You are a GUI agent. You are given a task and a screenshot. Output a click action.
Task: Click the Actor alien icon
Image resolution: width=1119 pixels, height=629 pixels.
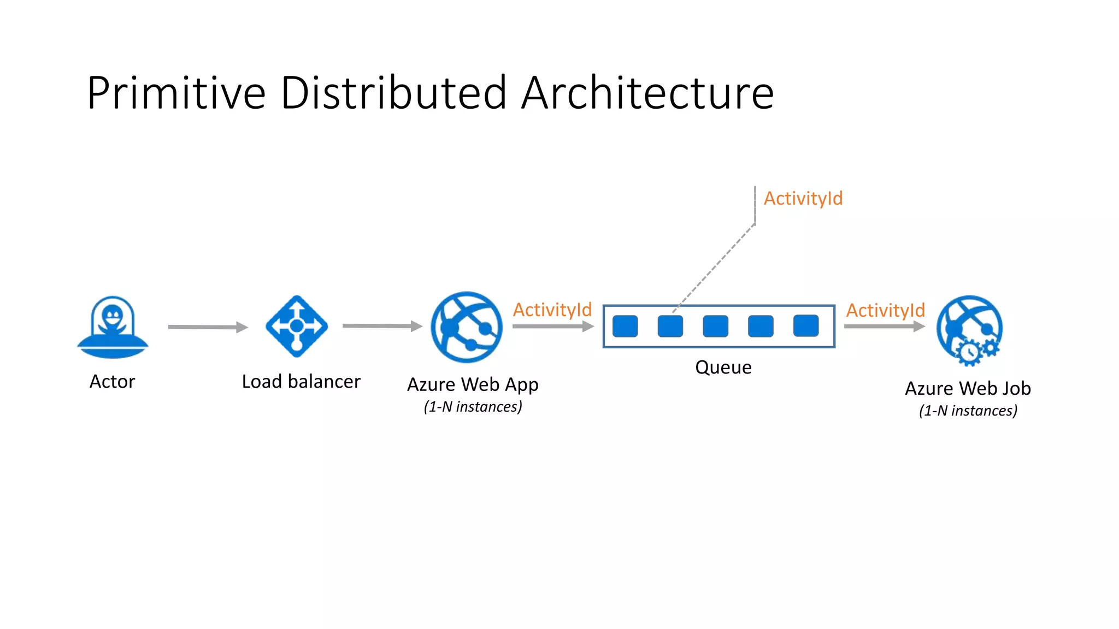(113, 327)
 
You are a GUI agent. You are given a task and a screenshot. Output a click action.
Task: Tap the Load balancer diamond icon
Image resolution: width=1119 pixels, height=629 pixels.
(297, 327)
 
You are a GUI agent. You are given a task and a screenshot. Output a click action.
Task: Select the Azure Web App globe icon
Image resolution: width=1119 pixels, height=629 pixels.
(466, 327)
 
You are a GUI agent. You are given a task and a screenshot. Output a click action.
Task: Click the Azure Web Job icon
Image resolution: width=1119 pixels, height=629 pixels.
(969, 328)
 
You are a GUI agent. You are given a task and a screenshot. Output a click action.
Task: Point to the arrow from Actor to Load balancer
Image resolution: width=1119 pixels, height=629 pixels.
(208, 327)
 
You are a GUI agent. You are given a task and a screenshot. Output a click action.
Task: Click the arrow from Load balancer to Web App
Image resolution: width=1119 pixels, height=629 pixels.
(382, 326)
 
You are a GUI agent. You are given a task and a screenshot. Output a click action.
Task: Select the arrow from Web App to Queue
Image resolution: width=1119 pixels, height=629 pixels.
(552, 327)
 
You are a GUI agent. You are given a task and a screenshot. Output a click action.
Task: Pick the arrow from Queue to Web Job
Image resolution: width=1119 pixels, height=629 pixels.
(884, 327)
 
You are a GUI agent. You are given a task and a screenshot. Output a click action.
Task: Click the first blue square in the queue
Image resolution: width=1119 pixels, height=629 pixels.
(625, 327)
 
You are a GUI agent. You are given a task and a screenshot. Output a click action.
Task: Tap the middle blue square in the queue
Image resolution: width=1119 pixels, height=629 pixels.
(715, 327)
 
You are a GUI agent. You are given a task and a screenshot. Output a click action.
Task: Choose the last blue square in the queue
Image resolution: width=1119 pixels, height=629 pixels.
(805, 326)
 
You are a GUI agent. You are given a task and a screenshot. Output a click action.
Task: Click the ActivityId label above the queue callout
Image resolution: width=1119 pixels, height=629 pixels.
(803, 198)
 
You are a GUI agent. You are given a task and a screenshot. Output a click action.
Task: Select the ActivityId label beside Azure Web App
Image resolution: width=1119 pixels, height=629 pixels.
(552, 310)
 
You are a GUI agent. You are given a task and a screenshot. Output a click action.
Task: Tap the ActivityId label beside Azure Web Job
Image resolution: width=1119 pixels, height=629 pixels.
(885, 310)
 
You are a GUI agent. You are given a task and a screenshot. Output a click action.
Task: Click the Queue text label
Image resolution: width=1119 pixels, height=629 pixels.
(723, 367)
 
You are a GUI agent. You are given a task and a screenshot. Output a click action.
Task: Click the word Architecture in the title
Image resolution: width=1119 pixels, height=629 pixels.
(647, 93)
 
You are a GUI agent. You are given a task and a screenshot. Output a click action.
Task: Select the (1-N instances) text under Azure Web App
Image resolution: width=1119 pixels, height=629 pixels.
(473, 407)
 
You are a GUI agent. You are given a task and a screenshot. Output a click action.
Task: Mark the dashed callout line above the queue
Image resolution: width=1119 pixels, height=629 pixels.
(716, 265)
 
